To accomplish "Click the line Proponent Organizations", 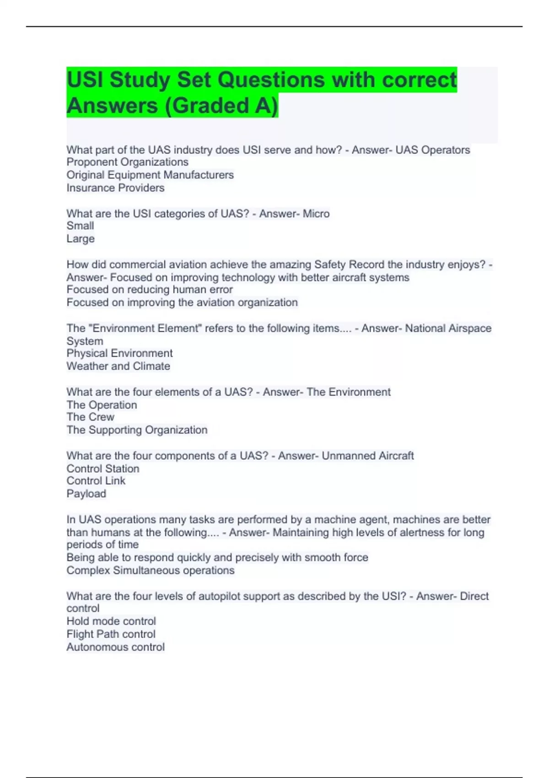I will [x=127, y=162].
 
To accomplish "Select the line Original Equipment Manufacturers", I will [x=150, y=175].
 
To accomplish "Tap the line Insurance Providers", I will [x=115, y=188].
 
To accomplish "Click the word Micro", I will [x=316, y=214].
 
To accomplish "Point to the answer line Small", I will [x=80, y=226].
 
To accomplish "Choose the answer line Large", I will [x=81, y=238].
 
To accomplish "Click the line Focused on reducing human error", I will [x=150, y=289].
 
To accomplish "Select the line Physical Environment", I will [x=119, y=353].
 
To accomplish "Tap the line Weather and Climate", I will [x=118, y=366].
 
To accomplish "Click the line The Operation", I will [x=102, y=405].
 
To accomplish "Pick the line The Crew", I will [x=90, y=417].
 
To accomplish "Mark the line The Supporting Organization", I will [x=137, y=430].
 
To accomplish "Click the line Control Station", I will [x=103, y=469].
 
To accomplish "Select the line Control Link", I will [x=96, y=481].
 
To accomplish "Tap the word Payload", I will [x=86, y=494].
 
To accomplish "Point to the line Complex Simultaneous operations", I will [x=150, y=570].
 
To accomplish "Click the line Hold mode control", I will [x=111, y=621].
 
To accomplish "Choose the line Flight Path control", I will [x=111, y=634].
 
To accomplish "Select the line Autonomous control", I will [x=115, y=647].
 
